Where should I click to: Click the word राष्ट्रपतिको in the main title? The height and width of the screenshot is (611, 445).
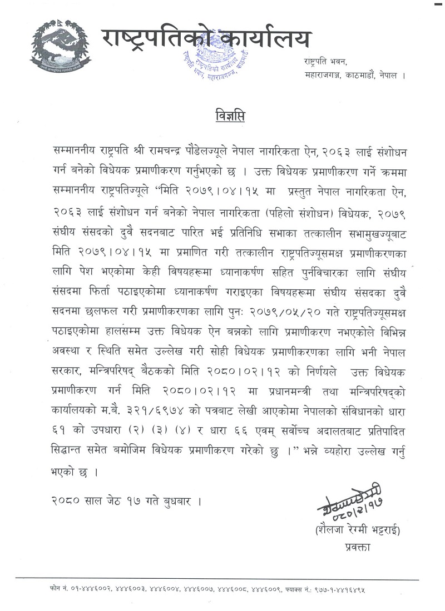tap(155, 39)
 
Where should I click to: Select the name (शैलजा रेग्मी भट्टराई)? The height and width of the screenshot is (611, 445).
tap(357, 530)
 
